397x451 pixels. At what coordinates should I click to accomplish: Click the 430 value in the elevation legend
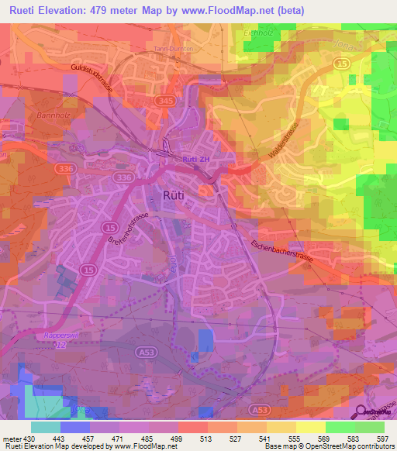[23, 439]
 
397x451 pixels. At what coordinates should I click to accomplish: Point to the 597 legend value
[384, 439]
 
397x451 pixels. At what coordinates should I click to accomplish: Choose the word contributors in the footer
[370, 446]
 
